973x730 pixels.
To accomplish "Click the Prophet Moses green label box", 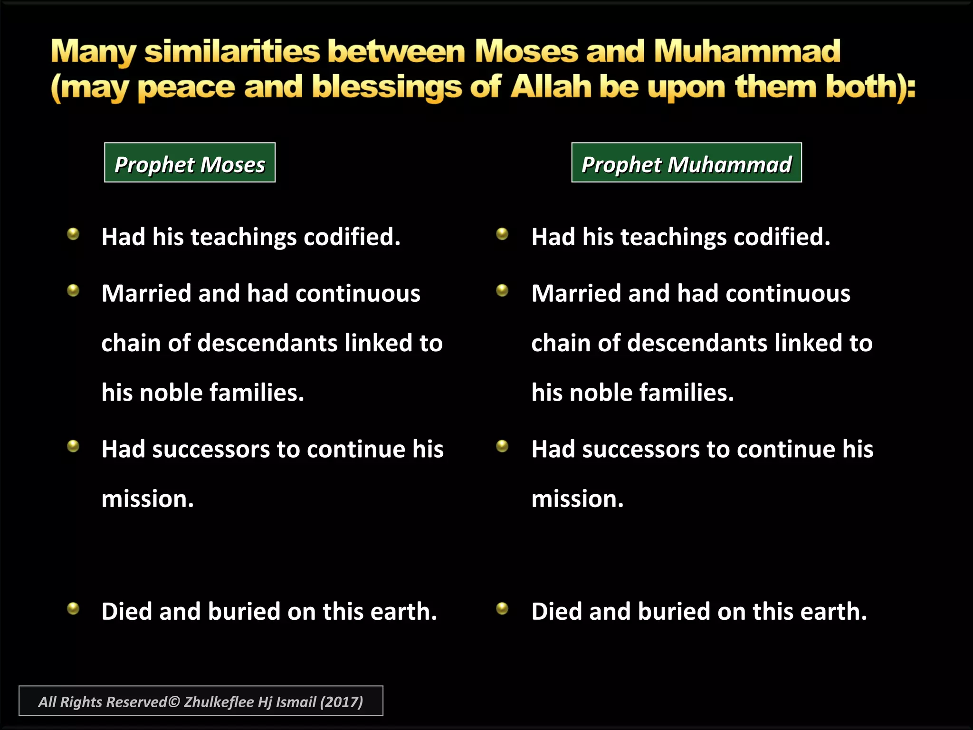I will [190, 163].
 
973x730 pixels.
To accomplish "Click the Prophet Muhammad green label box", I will [686, 163].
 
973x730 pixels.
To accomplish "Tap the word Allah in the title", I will [551, 87].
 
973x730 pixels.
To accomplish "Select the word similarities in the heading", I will [232, 51].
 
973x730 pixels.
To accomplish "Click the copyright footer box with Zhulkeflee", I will [200, 701].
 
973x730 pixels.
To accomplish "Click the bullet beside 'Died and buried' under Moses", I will [73, 608].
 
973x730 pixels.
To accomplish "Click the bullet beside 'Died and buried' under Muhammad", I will [502, 608].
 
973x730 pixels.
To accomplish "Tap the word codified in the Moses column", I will [351, 237].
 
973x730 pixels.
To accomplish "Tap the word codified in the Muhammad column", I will [781, 237].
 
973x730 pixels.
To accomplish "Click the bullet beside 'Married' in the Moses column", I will [73, 290].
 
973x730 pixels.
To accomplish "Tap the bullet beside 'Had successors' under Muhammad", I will [502, 446].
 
